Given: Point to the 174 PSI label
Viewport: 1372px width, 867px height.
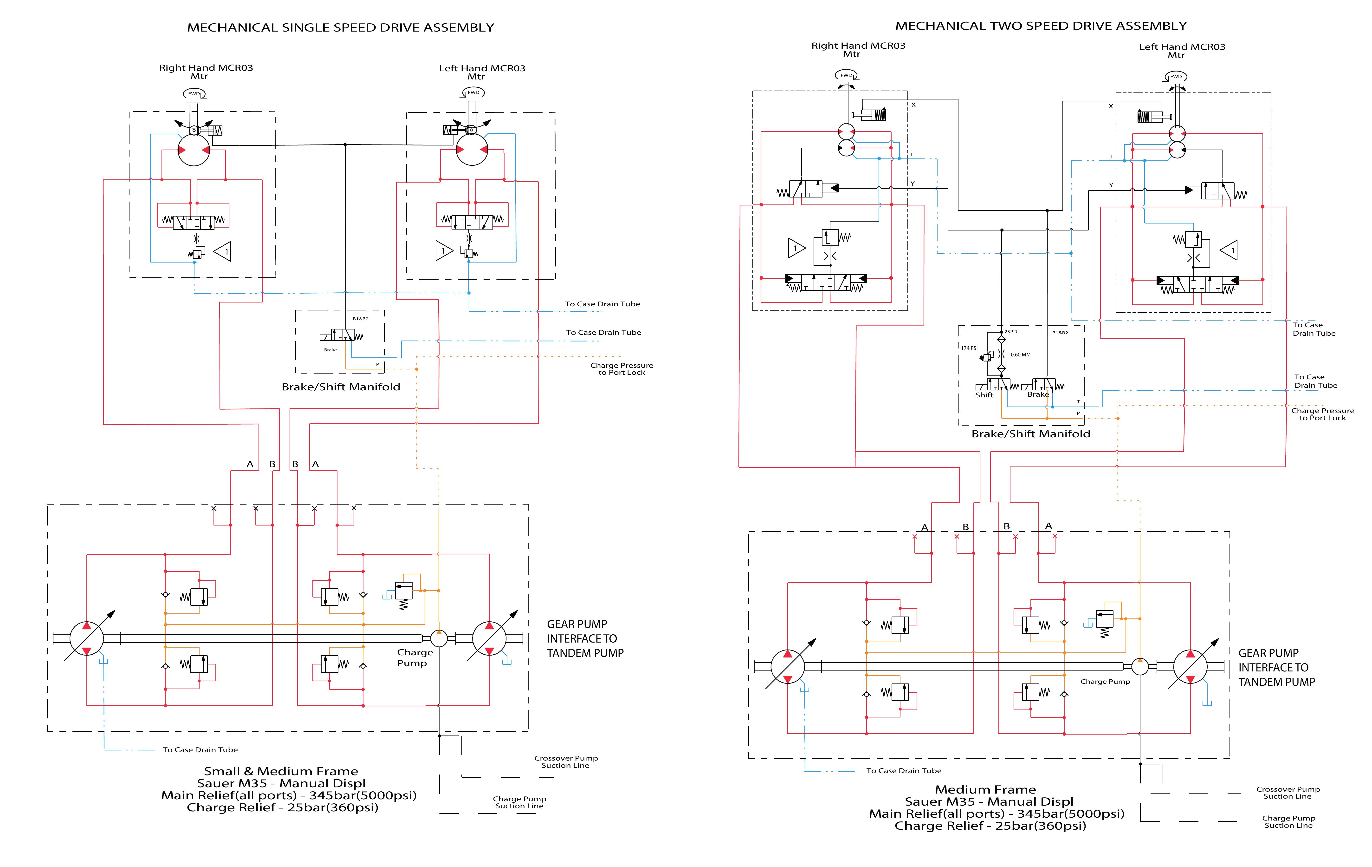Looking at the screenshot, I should tap(969, 348).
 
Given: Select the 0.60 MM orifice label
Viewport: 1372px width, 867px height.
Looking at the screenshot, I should tap(1020, 355).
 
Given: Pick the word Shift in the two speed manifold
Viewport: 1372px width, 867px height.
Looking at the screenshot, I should tap(984, 395).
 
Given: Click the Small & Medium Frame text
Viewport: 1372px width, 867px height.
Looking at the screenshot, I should tap(281, 771).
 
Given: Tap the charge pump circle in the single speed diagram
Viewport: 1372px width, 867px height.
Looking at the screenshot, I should tap(439, 638).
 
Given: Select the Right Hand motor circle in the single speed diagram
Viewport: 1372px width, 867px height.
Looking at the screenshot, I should tap(194, 149).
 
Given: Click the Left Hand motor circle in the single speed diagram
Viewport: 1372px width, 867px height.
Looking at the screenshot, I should tap(472, 149).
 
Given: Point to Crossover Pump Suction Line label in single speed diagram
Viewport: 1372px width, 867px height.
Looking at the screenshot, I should tap(566, 762).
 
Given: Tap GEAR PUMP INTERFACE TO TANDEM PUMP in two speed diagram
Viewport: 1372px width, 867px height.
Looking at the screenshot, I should tap(1276, 668).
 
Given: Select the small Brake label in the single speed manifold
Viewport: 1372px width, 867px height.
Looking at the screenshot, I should tap(330, 349).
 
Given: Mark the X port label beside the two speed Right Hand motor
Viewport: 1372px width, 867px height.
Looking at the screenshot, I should tap(913, 105).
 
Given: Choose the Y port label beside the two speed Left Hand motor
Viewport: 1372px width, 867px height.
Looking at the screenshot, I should tap(1110, 185).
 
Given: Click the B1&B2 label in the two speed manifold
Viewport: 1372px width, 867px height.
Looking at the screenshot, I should tap(1060, 332).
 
